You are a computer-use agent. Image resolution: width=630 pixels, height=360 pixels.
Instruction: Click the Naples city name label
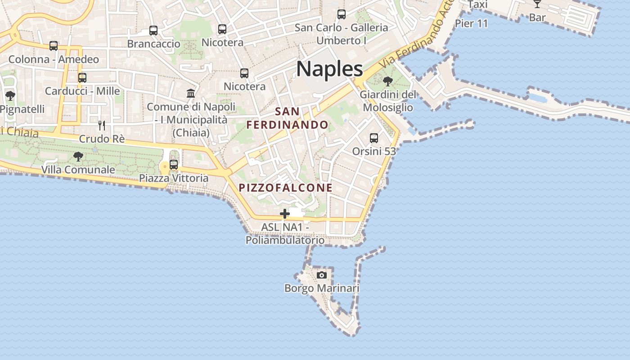(x=329, y=69)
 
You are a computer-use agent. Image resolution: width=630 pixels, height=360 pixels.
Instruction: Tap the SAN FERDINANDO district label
(x=288, y=118)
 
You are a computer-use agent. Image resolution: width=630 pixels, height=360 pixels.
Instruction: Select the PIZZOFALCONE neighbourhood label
(x=286, y=188)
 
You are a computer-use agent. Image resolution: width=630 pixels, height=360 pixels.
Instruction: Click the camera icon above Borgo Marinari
(x=322, y=275)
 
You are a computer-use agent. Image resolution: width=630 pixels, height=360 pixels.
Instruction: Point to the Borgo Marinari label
(x=322, y=288)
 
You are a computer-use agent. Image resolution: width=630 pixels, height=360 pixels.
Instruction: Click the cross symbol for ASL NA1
(x=285, y=214)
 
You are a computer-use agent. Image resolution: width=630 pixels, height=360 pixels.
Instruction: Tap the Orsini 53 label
(x=374, y=151)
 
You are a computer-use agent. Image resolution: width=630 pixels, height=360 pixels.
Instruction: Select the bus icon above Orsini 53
(x=374, y=138)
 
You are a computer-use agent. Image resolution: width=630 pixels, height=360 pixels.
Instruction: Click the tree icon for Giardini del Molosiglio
(x=387, y=81)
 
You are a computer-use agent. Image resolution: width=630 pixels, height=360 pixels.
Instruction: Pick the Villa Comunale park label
(x=78, y=170)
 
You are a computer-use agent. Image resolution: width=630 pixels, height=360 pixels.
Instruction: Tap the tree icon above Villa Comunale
(x=78, y=157)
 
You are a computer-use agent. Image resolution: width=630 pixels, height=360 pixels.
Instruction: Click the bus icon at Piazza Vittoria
(x=174, y=165)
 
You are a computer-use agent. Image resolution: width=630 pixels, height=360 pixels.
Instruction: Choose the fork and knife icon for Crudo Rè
(x=102, y=125)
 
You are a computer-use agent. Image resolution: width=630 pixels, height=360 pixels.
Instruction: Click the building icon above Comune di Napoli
(x=191, y=93)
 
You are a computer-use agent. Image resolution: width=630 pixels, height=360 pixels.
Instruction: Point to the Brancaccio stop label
(x=153, y=44)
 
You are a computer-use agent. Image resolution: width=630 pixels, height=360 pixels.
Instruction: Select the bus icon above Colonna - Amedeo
(x=54, y=46)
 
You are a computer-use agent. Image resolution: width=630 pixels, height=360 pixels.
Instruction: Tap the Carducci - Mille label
(x=82, y=91)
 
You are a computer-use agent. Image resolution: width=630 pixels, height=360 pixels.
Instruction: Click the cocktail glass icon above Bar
(x=537, y=4)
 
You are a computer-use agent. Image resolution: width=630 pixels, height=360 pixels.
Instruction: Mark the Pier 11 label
(x=471, y=23)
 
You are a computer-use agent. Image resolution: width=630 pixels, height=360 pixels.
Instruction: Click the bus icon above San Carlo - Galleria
(x=342, y=14)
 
